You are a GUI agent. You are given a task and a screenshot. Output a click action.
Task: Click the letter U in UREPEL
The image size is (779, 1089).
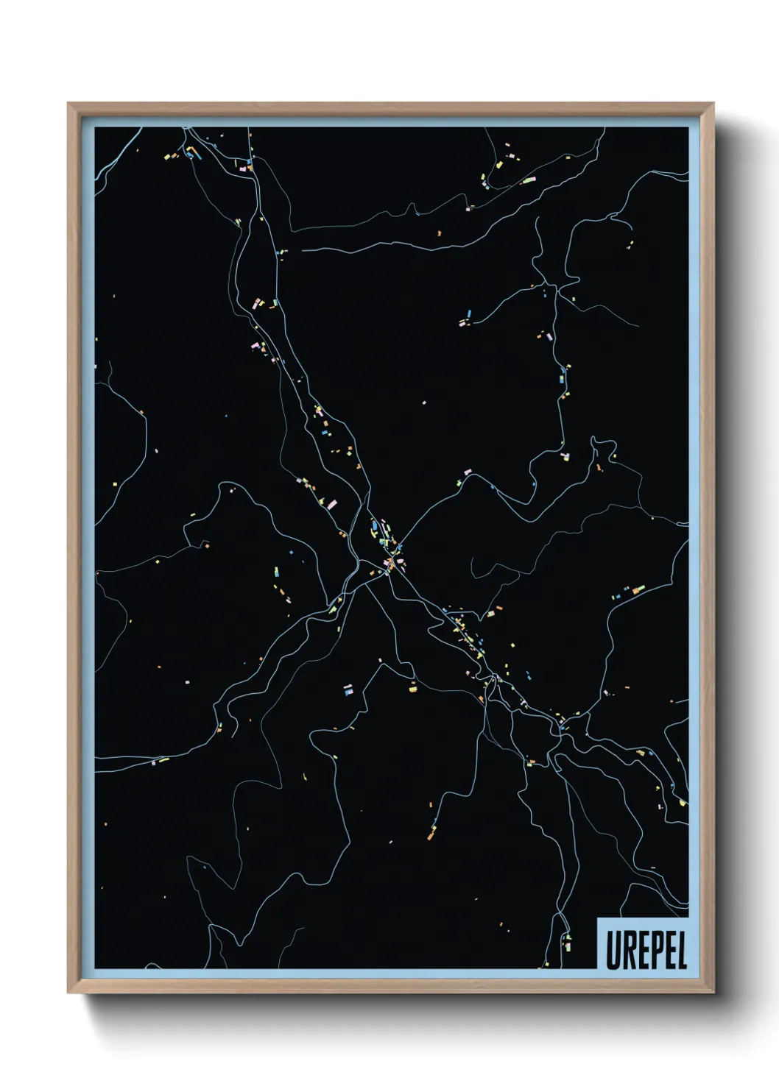tap(613, 952)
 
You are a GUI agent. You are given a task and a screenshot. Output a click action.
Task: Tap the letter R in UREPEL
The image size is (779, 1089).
tap(627, 952)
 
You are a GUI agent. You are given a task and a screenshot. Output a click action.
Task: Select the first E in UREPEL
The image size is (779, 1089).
tap(640, 952)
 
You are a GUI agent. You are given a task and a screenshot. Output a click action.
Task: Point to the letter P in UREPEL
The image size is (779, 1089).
tap(653, 952)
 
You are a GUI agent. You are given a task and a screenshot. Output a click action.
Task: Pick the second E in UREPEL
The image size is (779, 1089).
tap(666, 952)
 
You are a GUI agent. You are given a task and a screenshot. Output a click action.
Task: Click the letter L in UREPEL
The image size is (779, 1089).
tap(680, 952)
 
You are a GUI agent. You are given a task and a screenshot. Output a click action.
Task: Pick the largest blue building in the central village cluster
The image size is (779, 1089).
tap(376, 527)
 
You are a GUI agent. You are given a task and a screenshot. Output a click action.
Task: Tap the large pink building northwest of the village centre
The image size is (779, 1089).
tap(331, 504)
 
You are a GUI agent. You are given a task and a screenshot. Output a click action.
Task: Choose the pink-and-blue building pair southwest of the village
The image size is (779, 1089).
tap(348, 689)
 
